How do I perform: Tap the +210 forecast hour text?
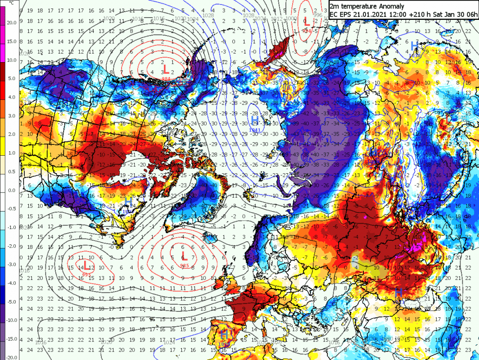(416, 14)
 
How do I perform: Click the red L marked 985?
(184, 257)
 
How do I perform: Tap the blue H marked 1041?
(255, 120)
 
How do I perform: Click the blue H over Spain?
(224, 335)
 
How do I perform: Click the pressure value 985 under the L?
(184, 265)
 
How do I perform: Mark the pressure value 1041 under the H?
(255, 130)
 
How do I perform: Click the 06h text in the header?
(469, 14)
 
